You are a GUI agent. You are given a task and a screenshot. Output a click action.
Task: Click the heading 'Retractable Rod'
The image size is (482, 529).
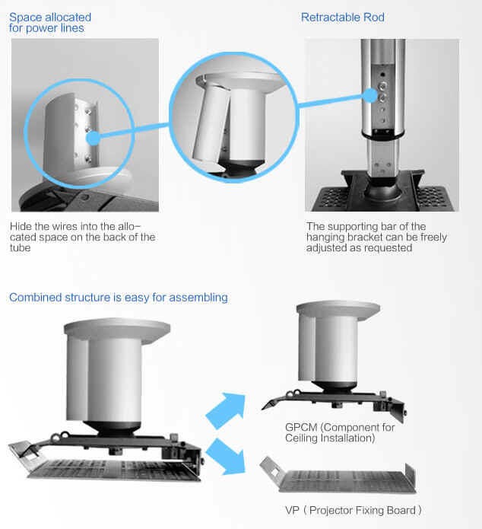(x=342, y=18)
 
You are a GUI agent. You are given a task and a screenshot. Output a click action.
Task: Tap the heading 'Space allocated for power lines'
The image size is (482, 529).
(x=50, y=23)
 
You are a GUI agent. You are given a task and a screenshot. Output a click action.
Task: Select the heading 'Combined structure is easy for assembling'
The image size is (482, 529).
(x=119, y=298)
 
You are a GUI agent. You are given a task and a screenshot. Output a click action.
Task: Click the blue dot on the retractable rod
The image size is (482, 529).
(x=370, y=95)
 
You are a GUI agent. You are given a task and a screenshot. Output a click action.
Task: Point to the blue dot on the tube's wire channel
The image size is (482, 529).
(x=93, y=138)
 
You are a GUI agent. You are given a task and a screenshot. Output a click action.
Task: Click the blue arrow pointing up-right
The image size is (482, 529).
(x=226, y=410)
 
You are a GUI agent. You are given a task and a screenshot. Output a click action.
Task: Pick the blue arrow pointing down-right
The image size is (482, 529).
(x=226, y=457)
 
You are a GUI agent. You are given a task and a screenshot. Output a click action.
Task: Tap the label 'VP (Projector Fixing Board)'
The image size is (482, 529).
(x=354, y=510)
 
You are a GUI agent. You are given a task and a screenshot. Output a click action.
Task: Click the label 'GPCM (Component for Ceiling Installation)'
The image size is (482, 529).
(x=340, y=432)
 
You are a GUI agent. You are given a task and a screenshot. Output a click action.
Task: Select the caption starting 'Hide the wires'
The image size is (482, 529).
(x=83, y=237)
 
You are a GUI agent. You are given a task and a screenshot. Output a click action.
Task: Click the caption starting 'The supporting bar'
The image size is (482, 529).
(x=376, y=237)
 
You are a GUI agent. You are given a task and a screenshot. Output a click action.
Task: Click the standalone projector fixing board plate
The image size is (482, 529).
(x=338, y=476)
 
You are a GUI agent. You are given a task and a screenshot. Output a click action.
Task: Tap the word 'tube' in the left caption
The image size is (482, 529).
(x=21, y=248)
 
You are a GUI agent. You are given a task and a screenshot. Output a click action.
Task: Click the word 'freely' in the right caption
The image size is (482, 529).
(x=434, y=237)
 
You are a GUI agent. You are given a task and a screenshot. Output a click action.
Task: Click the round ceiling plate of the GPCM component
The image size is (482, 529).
(x=338, y=310)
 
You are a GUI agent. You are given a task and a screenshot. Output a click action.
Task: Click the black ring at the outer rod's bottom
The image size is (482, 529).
(x=382, y=134)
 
